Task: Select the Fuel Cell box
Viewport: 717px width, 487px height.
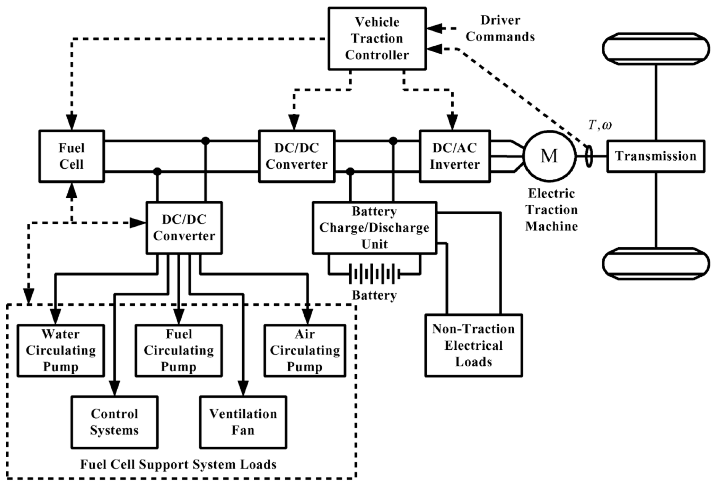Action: (x=72, y=156)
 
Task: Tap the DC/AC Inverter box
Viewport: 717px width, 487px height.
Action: (x=454, y=156)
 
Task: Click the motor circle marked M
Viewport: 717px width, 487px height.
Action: (x=549, y=156)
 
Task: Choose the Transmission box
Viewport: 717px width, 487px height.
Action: (x=656, y=156)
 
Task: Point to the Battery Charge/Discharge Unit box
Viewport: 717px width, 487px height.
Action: (x=374, y=228)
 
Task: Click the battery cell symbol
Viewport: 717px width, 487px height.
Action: (x=374, y=273)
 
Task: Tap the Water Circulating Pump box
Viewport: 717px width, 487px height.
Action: (x=61, y=350)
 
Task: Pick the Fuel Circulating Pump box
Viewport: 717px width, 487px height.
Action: (x=179, y=350)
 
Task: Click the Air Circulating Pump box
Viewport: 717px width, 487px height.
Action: (x=305, y=350)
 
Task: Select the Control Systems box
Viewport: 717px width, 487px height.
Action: (x=115, y=422)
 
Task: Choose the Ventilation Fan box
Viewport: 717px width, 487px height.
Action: (x=243, y=422)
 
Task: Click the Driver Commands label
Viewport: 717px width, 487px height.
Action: (x=500, y=28)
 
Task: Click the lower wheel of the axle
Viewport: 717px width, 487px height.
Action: (x=656, y=264)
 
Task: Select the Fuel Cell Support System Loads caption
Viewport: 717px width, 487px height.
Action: (x=178, y=464)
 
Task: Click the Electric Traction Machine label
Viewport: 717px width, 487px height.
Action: (x=551, y=210)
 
